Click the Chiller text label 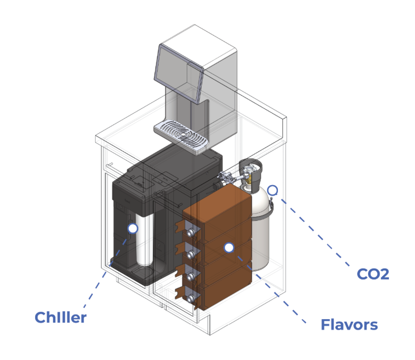click(61, 317)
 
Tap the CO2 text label click(373, 274)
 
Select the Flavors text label click(349, 324)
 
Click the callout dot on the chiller click(133, 228)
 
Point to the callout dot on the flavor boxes click(229, 248)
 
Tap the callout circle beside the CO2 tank click(273, 190)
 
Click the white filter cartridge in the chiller click(145, 239)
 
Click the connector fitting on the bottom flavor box click(190, 299)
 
